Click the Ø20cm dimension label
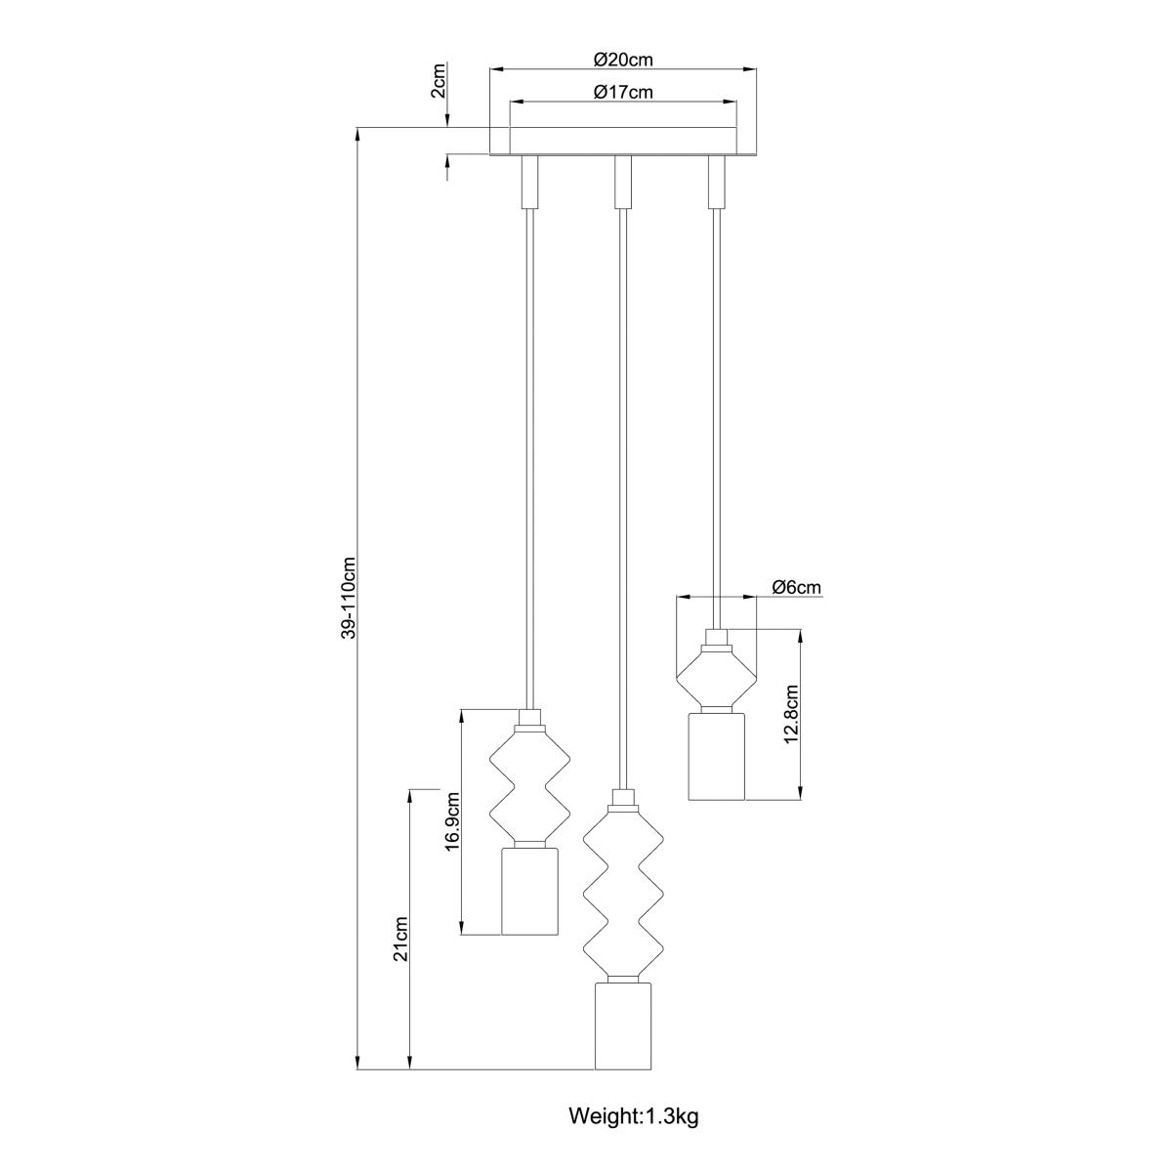coord(623,60)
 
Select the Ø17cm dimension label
coord(623,93)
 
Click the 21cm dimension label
coord(399,940)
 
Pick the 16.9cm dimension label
coord(451,822)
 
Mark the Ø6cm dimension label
coord(796,587)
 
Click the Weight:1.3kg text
coord(634,1116)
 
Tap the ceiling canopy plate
coord(623,141)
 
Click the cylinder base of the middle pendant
coord(623,1026)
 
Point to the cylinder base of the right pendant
coord(716,757)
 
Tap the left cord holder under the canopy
coord(529,182)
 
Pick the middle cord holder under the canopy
coord(621,182)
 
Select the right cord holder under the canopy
coord(716,182)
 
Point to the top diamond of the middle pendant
coord(623,835)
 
